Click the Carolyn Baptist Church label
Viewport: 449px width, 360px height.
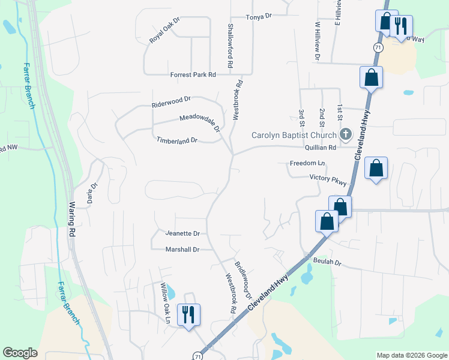pos(294,135)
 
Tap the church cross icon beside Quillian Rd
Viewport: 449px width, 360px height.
pos(346,134)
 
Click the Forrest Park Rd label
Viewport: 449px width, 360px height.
pos(193,75)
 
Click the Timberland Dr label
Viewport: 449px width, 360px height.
pos(177,140)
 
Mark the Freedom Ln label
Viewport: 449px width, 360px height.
pos(307,163)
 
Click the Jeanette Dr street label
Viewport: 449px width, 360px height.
pos(182,233)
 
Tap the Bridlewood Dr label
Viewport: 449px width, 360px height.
pos(243,280)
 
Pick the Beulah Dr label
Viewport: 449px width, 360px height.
pos(327,262)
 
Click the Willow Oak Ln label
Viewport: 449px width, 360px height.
pos(165,304)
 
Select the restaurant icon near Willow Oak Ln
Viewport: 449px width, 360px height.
pos(189,314)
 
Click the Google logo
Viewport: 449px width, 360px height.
pos(20,353)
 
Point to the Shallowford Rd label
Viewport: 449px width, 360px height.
pos(230,45)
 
